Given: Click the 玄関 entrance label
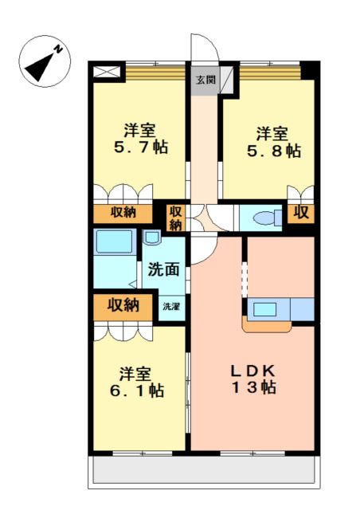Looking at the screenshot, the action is coord(205,80).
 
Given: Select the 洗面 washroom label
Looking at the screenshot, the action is coord(164,269).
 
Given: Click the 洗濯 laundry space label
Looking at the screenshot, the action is coord(171,306).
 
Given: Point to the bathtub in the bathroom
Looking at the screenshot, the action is coord(115,241).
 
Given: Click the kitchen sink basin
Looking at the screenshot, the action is coord(264,309).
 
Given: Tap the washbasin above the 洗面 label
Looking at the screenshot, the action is coord(151,237).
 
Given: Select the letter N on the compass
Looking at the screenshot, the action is coord(58,49).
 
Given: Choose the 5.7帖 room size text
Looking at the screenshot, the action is coord(141,147).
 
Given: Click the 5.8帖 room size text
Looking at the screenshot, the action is coord(273,151).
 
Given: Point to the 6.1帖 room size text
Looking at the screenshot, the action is coord(137,390).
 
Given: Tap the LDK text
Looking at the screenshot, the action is coord(253,371).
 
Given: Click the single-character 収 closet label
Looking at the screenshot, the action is coord(301,213).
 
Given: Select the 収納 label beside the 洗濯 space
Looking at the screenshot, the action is coord(123,305).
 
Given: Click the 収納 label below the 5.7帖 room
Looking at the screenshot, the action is coord(123,213).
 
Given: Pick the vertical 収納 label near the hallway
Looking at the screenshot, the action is coord(175,218).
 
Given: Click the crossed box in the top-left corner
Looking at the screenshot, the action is coord(107,72).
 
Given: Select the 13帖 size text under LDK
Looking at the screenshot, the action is coord(253,387).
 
